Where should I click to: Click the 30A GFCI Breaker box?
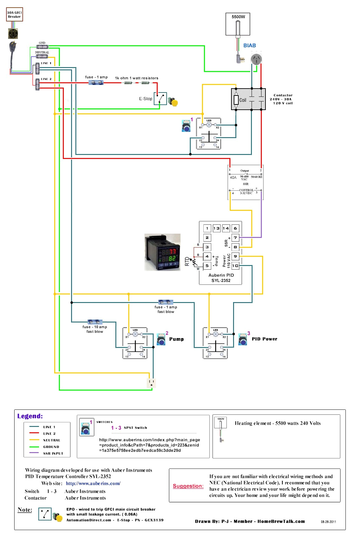[x=14, y=15]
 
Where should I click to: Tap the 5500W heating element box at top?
[x=238, y=24]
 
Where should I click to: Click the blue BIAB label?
[x=250, y=46]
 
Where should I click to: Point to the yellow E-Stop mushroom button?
[x=174, y=102]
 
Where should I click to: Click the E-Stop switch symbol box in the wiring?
[x=160, y=98]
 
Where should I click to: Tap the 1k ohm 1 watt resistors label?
[x=137, y=78]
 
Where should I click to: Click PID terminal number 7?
[x=235, y=238]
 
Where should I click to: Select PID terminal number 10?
[x=235, y=266]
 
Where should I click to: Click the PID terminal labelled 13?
[x=217, y=228]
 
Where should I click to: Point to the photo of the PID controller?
[x=162, y=252]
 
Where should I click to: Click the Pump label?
[x=177, y=339]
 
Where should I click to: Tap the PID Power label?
[x=264, y=339]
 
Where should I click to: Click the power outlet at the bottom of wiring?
[x=151, y=383]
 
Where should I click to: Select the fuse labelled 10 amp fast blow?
[x=95, y=322]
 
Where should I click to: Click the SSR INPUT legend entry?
[x=53, y=453]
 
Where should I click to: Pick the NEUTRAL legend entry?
[x=52, y=440]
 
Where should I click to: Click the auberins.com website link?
[x=93, y=483]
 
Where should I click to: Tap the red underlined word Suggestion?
[x=188, y=486]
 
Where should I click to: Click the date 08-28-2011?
[x=328, y=522]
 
